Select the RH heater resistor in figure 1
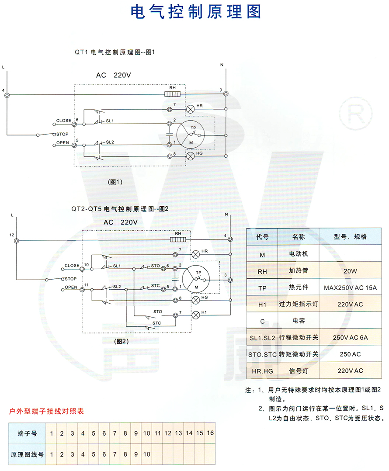pyautogui.click(x=173, y=94)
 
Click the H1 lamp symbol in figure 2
pyautogui.click(x=196, y=314)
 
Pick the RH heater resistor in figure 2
pyautogui.click(x=178, y=239)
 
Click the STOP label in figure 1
pyautogui.click(x=61, y=134)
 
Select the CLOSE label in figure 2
pyautogui.click(x=72, y=265)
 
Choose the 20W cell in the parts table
pyautogui.click(x=350, y=271)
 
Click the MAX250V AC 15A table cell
pyautogui.click(x=350, y=287)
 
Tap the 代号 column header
pyautogui.click(x=262, y=237)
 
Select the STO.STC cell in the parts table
pyautogui.click(x=262, y=354)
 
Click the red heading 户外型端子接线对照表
pyautogui.click(x=47, y=411)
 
